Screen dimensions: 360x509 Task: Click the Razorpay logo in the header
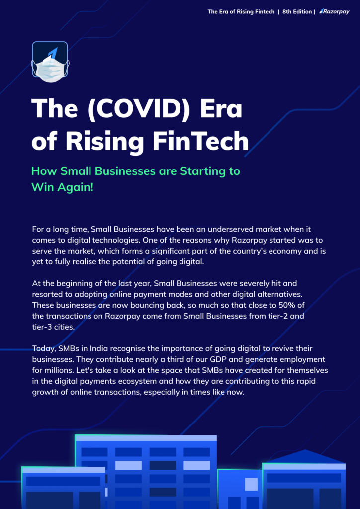[334, 12]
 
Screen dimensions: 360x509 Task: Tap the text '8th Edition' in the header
[297, 12]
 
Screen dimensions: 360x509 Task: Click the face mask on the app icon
[50, 68]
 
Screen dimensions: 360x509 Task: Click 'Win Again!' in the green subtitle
[62, 187]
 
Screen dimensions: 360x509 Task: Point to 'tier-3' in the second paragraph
[43, 327]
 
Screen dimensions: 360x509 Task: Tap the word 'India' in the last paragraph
[99, 349]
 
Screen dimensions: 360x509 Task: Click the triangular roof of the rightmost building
[304, 456]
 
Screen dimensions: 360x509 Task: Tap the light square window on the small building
[251, 484]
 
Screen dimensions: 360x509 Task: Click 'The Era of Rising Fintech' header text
[241, 12]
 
